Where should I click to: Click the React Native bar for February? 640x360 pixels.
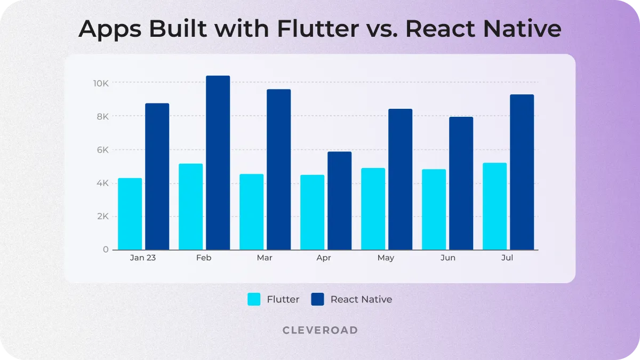[x=218, y=163]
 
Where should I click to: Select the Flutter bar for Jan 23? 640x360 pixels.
[x=130, y=214]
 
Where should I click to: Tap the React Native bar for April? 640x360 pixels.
[x=339, y=201]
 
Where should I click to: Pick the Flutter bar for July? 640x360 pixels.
[x=494, y=206]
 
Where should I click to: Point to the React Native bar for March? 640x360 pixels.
[x=278, y=170]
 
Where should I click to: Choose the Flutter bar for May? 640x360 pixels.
[x=373, y=209]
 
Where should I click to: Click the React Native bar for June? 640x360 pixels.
[x=461, y=183]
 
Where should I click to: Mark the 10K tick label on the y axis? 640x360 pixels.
[x=101, y=83]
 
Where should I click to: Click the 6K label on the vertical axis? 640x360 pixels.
[x=102, y=150]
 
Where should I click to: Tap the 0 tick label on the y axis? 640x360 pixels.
[x=106, y=250]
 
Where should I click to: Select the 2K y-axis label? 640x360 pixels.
[x=102, y=217]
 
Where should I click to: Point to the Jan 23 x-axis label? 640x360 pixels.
[x=142, y=258]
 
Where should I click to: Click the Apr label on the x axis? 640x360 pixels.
[x=324, y=258]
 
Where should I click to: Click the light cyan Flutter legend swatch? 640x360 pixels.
[x=254, y=299]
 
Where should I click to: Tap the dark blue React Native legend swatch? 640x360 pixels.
[x=317, y=299]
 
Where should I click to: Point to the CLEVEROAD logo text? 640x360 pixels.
[x=320, y=330]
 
